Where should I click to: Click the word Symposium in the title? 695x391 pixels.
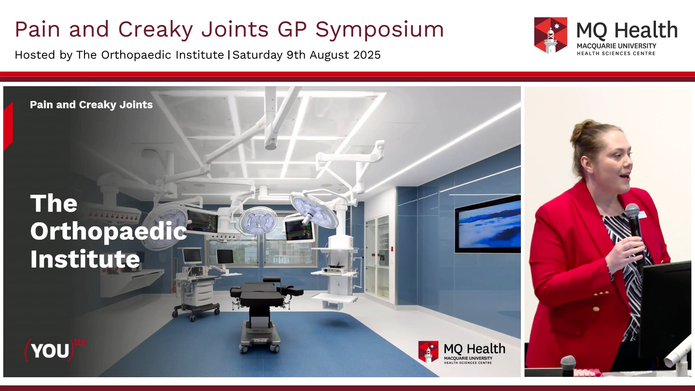(x=379, y=30)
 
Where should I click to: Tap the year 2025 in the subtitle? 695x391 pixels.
(x=367, y=55)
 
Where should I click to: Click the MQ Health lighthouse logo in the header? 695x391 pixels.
(x=551, y=35)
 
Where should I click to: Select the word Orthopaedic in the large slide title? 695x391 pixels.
(x=109, y=232)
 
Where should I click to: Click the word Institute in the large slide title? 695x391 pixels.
(x=85, y=259)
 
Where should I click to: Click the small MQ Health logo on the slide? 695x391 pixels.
(x=462, y=352)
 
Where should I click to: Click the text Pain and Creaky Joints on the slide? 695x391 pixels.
(x=91, y=105)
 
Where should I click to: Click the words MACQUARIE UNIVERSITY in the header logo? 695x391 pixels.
(x=616, y=46)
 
